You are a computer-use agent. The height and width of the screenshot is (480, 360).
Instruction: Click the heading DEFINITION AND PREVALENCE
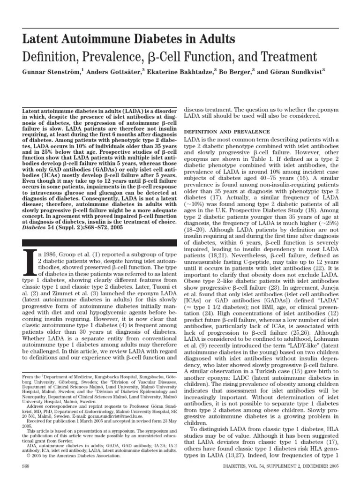(x=226, y=131)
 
